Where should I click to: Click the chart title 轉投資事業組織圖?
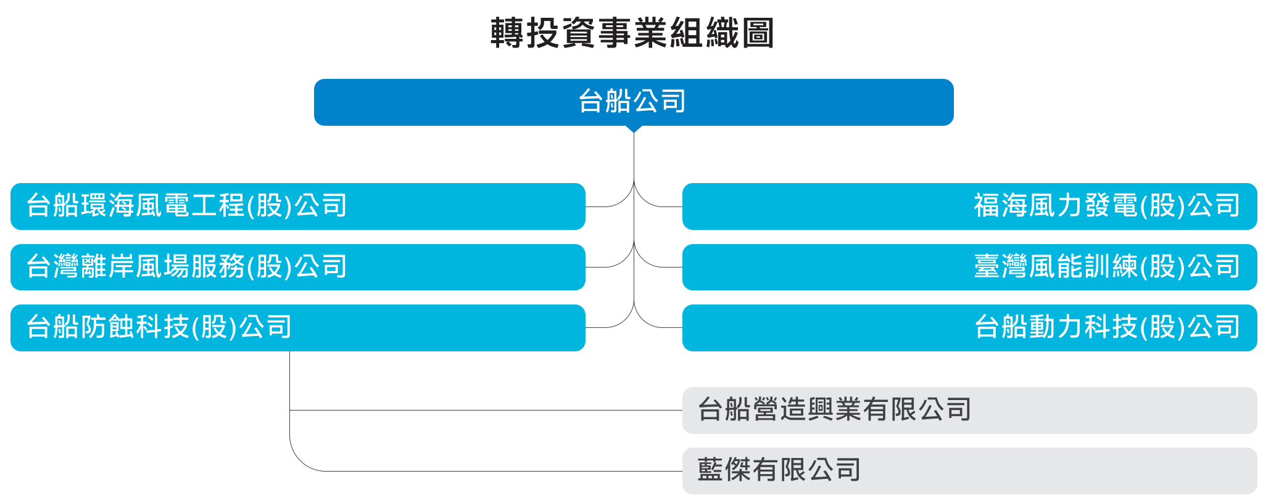632,33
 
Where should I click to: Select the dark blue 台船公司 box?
633,102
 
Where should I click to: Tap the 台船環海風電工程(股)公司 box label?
186,206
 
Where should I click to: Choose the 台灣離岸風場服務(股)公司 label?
186,267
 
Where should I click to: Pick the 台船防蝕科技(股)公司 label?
159,327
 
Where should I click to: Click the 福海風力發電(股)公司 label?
1107,206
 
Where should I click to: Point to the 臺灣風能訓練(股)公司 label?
1107,267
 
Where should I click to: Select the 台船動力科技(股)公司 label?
1107,327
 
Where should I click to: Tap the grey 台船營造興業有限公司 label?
834,410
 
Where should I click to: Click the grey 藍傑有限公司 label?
779,470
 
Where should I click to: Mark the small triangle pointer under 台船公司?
634,129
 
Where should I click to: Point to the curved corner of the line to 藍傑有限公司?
299,462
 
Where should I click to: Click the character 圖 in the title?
758,33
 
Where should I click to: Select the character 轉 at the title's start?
507,33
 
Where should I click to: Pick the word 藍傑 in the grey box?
724,470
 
